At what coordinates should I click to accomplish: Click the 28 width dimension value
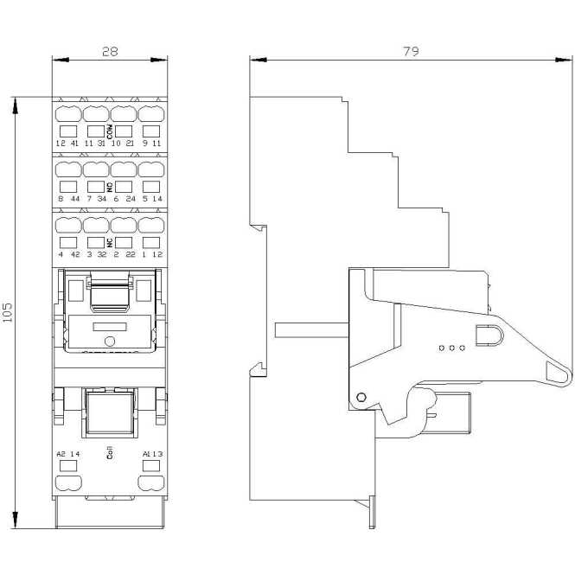pos(110,52)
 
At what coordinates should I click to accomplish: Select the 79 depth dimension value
pos(411,52)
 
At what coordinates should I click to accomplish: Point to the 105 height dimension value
pos(8,312)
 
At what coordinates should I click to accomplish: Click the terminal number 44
pos(75,199)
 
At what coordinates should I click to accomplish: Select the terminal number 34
pos(103,199)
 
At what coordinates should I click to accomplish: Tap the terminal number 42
pos(75,254)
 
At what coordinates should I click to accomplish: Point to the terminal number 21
pos(130,144)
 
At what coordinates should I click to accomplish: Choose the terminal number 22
pos(130,254)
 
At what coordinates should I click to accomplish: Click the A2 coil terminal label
pos(61,454)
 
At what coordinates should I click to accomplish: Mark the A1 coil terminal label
pos(148,454)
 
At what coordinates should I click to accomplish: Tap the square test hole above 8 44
pos(67,186)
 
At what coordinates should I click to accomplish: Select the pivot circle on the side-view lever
pos(361,399)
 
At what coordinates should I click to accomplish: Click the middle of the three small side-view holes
pos(450,348)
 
